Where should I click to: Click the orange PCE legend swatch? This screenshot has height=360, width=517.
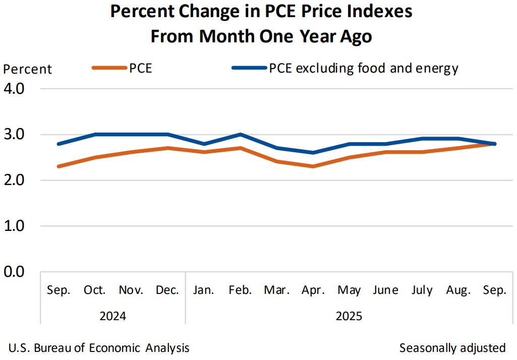[109, 68]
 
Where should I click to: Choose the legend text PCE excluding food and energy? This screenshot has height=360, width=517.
[364, 68]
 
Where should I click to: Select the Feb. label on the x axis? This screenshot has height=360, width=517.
[241, 290]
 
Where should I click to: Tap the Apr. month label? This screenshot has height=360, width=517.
[313, 290]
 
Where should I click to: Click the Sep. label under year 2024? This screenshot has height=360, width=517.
[59, 290]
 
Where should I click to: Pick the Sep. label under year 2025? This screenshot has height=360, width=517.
[494, 290]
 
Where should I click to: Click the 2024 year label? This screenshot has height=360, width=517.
[113, 317]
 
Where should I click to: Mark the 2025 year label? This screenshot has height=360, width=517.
[349, 317]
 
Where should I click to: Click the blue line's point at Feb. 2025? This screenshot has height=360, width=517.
[241, 135]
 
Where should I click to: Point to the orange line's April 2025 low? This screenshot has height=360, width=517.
[313, 166]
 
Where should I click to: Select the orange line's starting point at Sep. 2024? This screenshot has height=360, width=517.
[59, 166]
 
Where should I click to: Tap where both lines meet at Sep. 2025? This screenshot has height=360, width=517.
[494, 144]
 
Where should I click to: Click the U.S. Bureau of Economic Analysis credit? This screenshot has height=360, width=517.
[99, 347]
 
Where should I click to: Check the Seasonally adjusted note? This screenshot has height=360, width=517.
[452, 347]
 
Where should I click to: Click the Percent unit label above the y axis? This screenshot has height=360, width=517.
[28, 69]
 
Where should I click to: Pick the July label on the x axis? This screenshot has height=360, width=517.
[422, 290]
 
